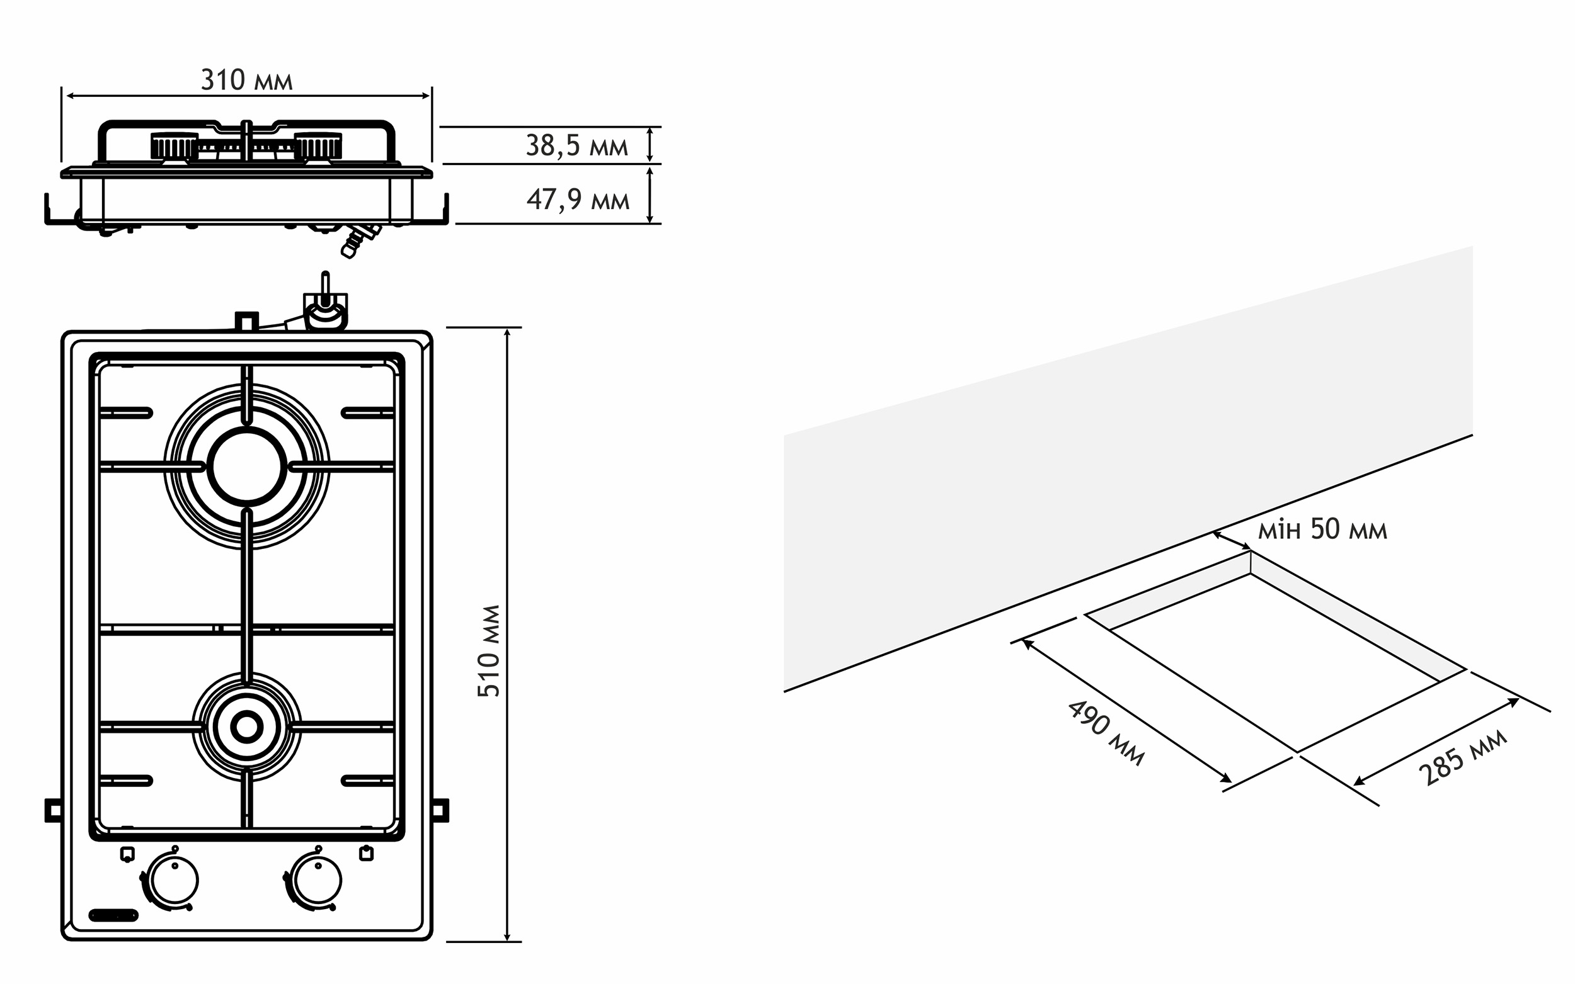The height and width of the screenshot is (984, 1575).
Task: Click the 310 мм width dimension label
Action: [247, 80]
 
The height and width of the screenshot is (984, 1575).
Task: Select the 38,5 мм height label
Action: [577, 146]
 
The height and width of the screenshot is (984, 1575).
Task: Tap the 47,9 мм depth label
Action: [578, 199]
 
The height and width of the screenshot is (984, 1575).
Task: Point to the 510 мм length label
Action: [489, 651]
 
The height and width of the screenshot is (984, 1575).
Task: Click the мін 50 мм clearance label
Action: [1322, 529]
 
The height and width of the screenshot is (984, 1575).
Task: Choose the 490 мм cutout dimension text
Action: [1106, 733]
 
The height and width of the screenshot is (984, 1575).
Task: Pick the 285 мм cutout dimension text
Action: [1462, 757]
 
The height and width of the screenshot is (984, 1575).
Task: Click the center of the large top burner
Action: [247, 467]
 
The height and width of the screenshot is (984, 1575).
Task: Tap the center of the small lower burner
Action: [247, 727]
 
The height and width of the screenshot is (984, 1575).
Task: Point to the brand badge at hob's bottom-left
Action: [114, 915]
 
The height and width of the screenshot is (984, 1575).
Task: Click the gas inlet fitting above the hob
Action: [326, 306]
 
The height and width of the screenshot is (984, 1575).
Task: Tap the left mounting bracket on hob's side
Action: [53, 810]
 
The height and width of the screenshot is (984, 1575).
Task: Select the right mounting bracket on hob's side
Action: [441, 810]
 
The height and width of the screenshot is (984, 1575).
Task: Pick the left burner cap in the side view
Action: [174, 146]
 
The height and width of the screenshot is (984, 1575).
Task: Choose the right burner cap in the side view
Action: [318, 146]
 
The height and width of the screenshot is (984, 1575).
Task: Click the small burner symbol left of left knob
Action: [128, 854]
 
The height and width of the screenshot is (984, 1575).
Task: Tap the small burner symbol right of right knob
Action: [367, 853]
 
